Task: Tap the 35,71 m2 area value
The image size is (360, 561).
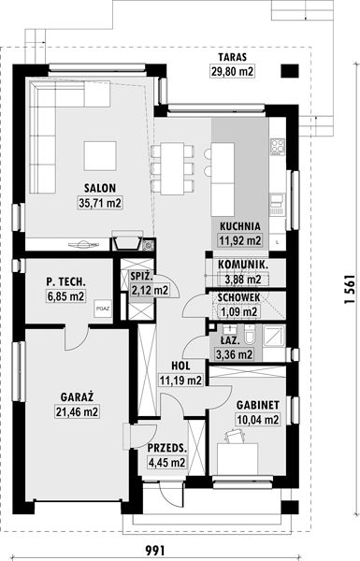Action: click(100, 203)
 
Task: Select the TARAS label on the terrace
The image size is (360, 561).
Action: click(232, 57)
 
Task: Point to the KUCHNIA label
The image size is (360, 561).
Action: click(239, 226)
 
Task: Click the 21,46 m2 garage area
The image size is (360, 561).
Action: click(77, 411)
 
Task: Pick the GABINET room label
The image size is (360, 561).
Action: click(258, 405)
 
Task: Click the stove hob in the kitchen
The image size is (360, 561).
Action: click(278, 146)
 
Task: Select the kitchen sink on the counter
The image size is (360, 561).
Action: click(277, 204)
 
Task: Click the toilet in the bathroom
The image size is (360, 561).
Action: click(249, 335)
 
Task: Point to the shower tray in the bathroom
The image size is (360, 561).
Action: click(274, 336)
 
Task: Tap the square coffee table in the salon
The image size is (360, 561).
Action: click(100, 155)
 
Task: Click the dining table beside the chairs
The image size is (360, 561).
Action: click(172, 167)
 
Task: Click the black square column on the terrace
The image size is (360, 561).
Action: click(289, 71)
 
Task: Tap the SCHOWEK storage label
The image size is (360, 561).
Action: click(238, 297)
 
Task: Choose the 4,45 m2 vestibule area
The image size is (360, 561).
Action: click(166, 463)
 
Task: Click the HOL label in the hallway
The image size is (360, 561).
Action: click(180, 366)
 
